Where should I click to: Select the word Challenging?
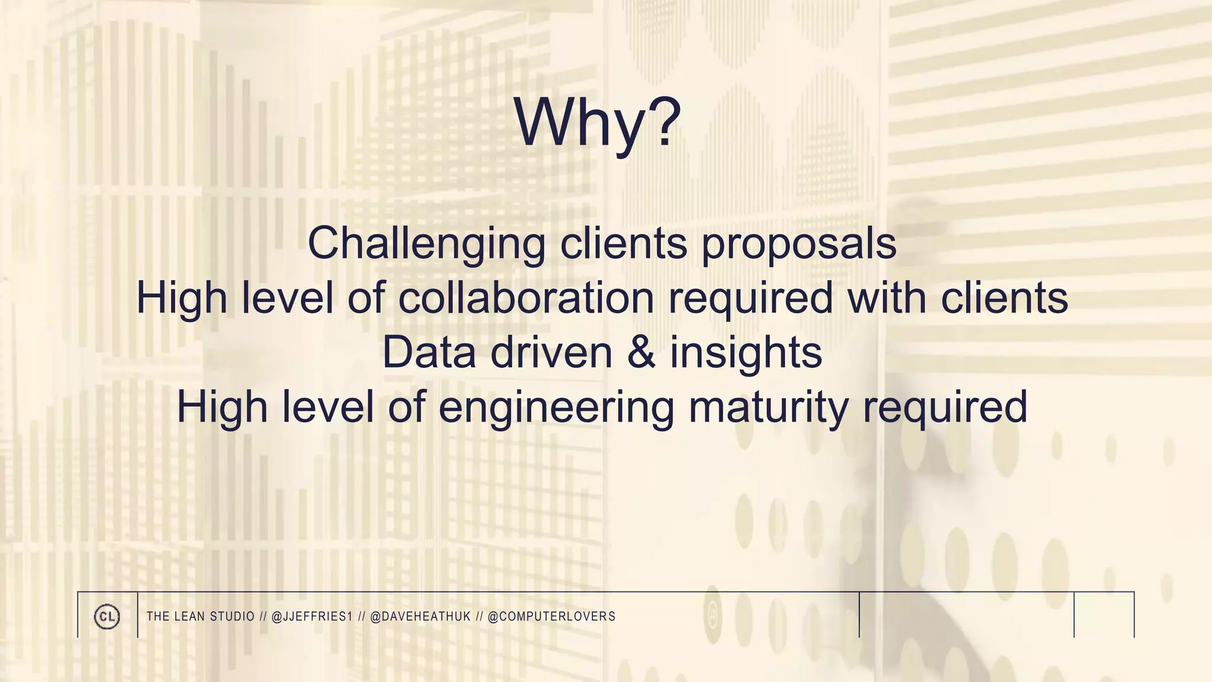(426, 243)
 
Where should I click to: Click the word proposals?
(799, 243)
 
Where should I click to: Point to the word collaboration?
(526, 297)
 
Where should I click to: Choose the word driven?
(551, 352)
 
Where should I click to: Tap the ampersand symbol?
(641, 352)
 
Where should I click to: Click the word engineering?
(556, 407)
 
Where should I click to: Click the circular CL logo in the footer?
(107, 616)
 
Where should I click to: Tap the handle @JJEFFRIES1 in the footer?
(312, 616)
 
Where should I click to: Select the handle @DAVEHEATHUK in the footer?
(420, 616)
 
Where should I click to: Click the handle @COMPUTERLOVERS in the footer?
(552, 616)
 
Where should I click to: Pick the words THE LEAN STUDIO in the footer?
(200, 616)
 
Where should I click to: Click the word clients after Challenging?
(623, 243)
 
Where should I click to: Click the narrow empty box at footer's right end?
(1104, 615)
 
